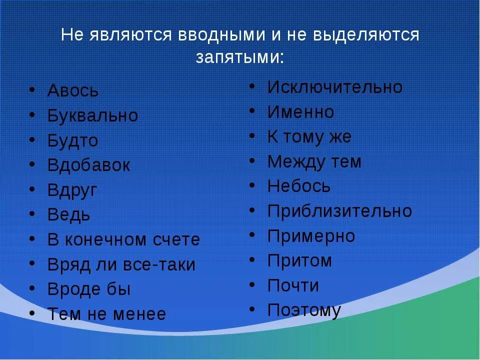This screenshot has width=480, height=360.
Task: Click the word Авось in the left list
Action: coord(73,91)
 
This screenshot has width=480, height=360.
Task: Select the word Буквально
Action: coord(92,116)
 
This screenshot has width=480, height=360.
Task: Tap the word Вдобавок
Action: coord(88,165)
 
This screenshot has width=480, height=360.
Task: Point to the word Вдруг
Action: coord(72,190)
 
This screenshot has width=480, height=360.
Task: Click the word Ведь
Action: coord(69,215)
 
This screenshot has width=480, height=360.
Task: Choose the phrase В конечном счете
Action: coord(123,240)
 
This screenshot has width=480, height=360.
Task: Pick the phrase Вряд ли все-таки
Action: coord(121,265)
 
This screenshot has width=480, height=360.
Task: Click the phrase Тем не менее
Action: coord(106,314)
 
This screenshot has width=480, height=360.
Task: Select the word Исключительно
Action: coord(334,87)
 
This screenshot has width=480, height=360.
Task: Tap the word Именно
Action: coord(300,112)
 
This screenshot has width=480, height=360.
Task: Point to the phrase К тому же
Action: coord(309,137)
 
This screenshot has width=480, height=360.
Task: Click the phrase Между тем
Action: coord(314,162)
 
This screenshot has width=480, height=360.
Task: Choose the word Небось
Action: coord(299,186)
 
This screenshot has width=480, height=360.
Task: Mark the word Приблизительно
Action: coord(339,211)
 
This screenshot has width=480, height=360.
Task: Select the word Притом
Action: coord(299,260)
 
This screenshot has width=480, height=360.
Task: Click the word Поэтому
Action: coord(304,310)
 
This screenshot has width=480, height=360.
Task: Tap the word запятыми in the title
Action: coord(239,57)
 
